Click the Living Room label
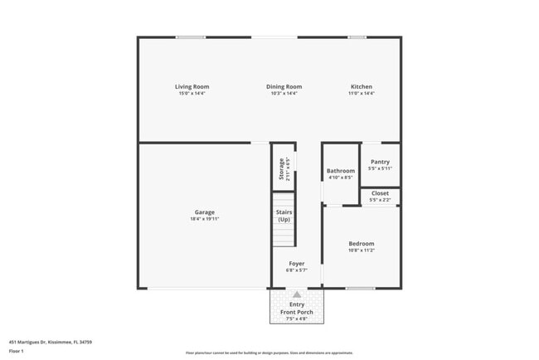pyautogui.click(x=192, y=87)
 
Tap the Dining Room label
pyautogui.click(x=284, y=87)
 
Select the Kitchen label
pyautogui.click(x=362, y=87)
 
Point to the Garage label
pyautogui.click(x=205, y=212)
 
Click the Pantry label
pyautogui.click(x=380, y=162)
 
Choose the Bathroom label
pyautogui.click(x=341, y=171)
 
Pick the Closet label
pyautogui.click(x=380, y=193)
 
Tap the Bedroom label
pyautogui.click(x=362, y=243)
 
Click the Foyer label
pyautogui.click(x=296, y=264)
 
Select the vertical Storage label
pyautogui.click(x=282, y=168)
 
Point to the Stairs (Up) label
pyautogui.click(x=284, y=216)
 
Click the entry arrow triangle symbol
pyautogui.click(x=296, y=294)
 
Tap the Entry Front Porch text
pyautogui.click(x=296, y=309)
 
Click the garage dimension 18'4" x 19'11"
pyautogui.click(x=205, y=220)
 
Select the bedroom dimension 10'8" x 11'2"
pyautogui.click(x=362, y=251)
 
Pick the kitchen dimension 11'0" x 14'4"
pyautogui.click(x=362, y=94)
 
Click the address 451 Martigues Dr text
pyautogui.click(x=51, y=342)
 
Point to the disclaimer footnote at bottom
pyautogui.click(x=269, y=353)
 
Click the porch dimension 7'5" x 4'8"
pyautogui.click(x=296, y=319)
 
